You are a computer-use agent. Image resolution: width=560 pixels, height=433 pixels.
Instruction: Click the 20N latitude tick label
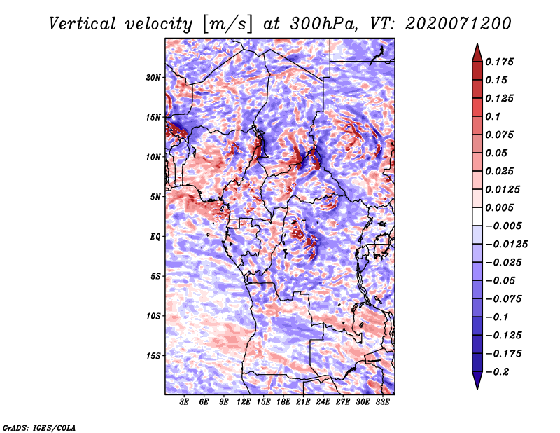(x=153, y=78)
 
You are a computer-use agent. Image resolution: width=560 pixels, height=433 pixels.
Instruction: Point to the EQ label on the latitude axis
(x=155, y=237)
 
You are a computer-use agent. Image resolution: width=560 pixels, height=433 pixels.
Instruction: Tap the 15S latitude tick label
(x=153, y=356)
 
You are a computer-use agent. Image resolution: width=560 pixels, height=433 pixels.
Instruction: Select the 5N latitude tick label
(x=155, y=197)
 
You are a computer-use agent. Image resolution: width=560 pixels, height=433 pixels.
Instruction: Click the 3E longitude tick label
(x=184, y=402)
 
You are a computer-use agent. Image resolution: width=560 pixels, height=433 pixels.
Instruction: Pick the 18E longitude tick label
(x=283, y=402)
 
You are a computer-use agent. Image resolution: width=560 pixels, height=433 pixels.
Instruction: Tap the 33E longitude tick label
(x=382, y=402)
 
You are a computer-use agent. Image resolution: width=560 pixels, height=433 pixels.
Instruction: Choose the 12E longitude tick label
(x=244, y=402)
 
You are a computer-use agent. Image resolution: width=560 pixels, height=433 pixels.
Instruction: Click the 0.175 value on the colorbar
(x=499, y=62)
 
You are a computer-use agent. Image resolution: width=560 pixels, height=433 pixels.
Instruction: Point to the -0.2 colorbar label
(x=497, y=372)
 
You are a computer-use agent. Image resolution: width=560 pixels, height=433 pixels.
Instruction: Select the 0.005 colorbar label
(x=499, y=207)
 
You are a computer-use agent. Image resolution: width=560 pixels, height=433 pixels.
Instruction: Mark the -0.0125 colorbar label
(x=506, y=245)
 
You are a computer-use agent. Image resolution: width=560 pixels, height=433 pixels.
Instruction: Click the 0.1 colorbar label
(x=493, y=116)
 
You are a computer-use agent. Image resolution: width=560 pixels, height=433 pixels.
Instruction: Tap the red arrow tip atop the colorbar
(x=477, y=43)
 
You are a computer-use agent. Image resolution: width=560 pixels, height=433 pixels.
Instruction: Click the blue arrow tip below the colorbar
(x=477, y=389)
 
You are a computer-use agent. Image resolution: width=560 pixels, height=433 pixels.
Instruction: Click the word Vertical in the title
(x=83, y=24)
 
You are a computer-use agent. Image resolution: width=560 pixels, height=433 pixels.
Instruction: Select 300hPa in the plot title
(x=323, y=24)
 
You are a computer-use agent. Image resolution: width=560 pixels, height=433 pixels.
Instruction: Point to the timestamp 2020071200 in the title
(x=458, y=24)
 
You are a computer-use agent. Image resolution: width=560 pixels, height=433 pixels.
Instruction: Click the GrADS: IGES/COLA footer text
(x=39, y=428)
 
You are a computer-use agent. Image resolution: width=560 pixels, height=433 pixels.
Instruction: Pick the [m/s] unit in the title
(x=227, y=25)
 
